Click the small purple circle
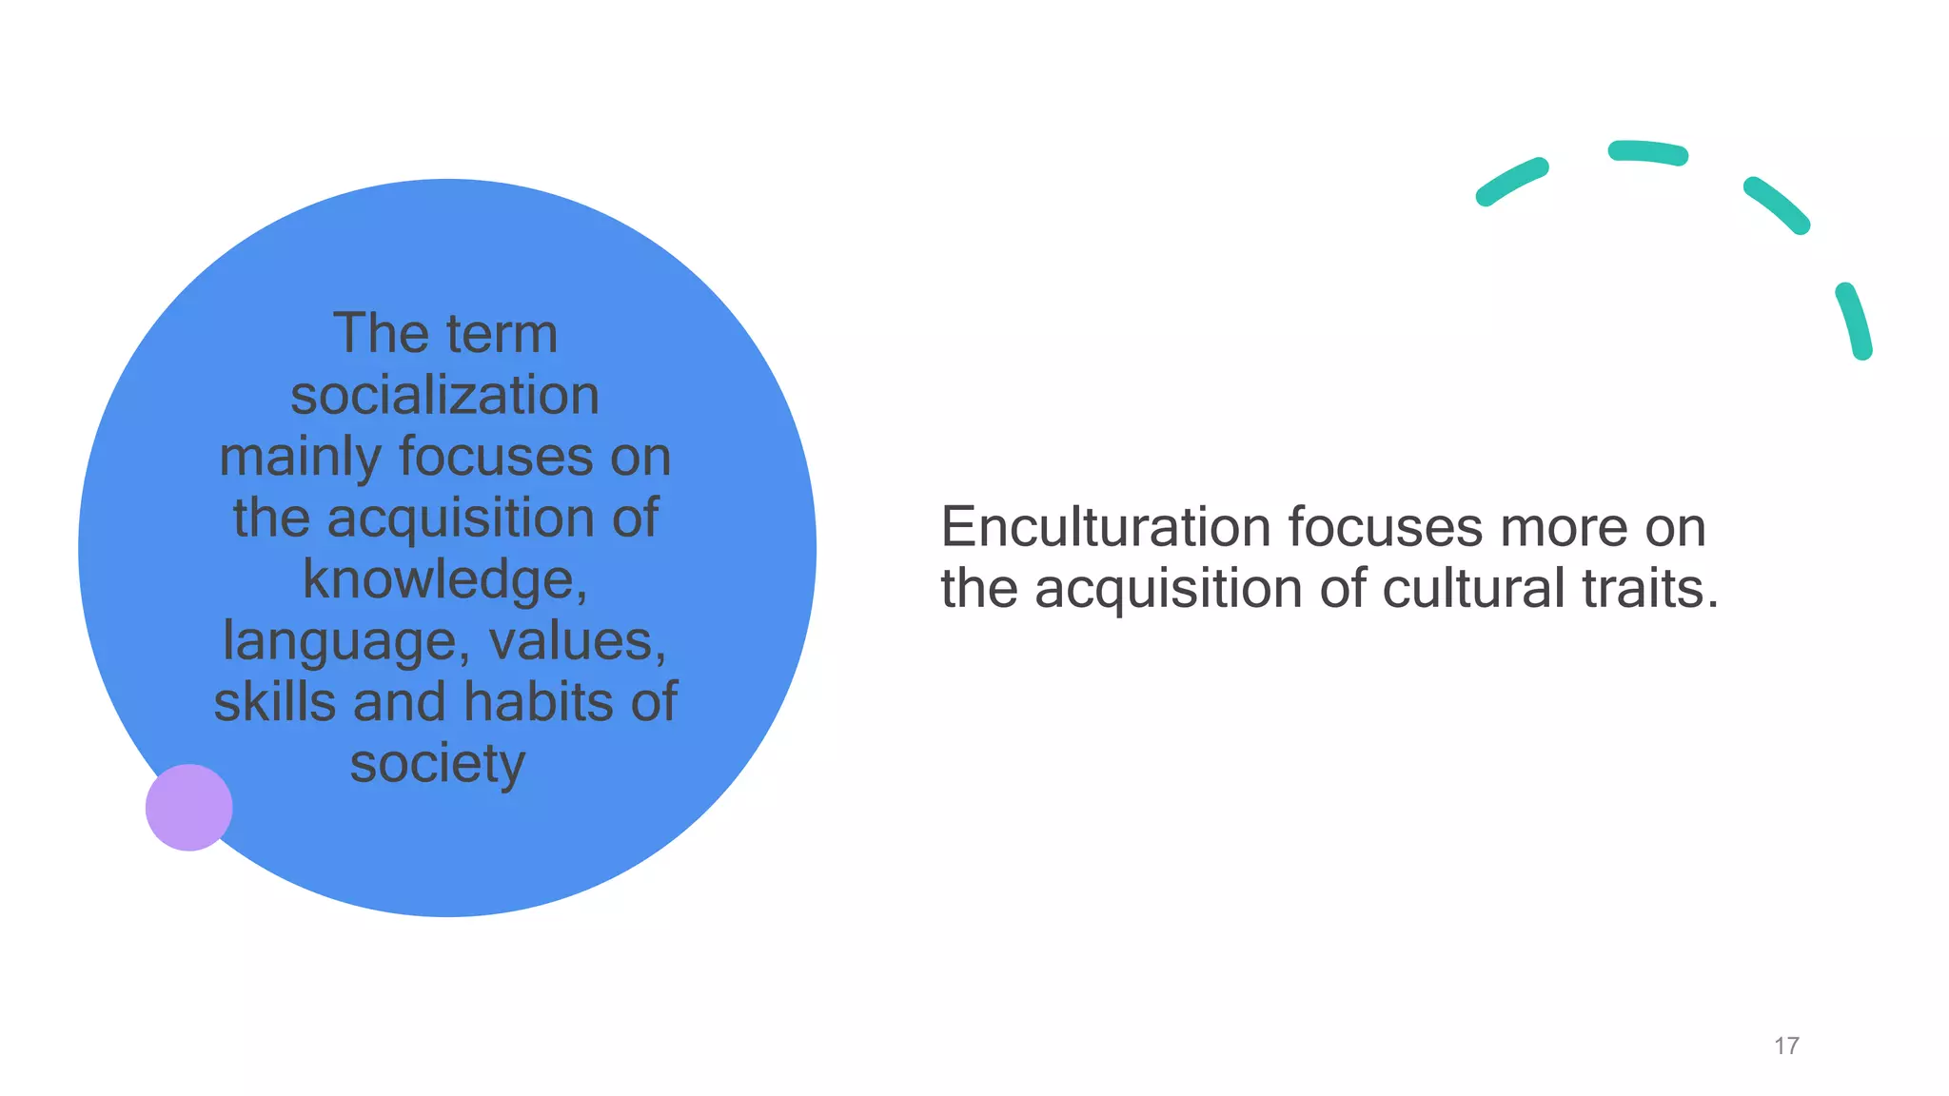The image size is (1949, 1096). click(x=188, y=807)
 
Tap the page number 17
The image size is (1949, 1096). click(x=1786, y=1046)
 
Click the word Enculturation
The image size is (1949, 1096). click(x=1105, y=527)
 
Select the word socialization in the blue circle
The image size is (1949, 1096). click(x=444, y=395)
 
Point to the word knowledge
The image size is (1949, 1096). click(x=441, y=579)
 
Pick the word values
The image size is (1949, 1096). click(x=577, y=640)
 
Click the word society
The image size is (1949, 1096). click(x=437, y=764)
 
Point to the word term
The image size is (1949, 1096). click(x=502, y=334)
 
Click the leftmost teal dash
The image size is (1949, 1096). click(x=1511, y=182)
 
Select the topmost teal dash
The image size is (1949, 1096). click(x=1648, y=152)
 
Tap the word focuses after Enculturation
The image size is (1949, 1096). click(x=1385, y=527)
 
